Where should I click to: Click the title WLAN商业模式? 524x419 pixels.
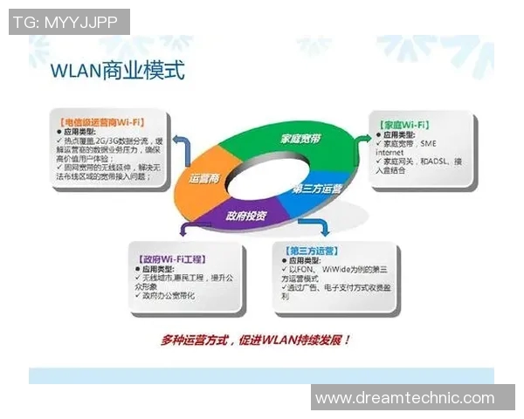pyautogui.click(x=119, y=71)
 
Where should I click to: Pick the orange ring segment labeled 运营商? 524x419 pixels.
pyautogui.click(x=203, y=178)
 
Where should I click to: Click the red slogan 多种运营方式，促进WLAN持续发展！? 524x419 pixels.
pyautogui.click(x=256, y=339)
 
